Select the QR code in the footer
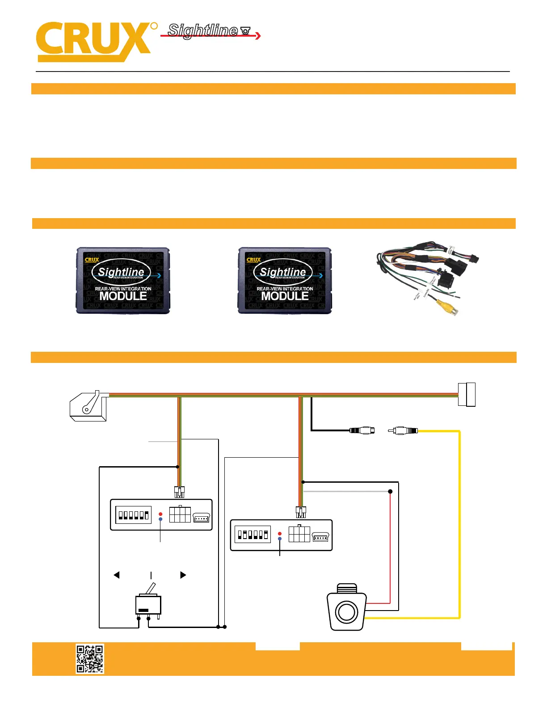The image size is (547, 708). tap(89, 658)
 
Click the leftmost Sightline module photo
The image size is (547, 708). tap(123, 280)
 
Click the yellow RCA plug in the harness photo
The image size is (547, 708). tap(446, 308)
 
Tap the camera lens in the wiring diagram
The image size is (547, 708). tap(346, 611)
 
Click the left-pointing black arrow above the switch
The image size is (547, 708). tap(117, 575)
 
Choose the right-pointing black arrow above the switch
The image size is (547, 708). tap(183, 575)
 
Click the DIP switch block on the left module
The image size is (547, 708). tap(133, 515)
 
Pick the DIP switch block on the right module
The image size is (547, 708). tap(253, 535)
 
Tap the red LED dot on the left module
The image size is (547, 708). tap(160, 514)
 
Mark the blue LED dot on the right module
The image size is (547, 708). tap(280, 539)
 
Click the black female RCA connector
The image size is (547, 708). tap(362, 430)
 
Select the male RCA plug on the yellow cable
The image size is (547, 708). tap(403, 430)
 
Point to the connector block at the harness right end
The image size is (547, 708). tap(467, 394)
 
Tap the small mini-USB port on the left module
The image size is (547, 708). tap(201, 518)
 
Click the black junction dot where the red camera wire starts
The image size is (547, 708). tap(390, 491)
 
